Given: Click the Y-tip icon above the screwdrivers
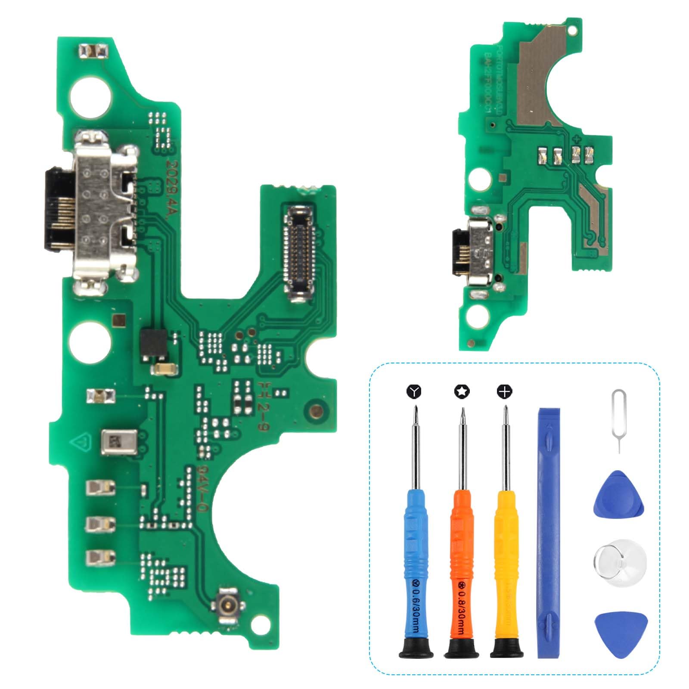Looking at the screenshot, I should tap(414, 391).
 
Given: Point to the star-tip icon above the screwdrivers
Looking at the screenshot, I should tap(462, 391).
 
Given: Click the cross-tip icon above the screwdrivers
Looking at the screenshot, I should tap(505, 391).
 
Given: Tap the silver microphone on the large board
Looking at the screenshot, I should tap(120, 442).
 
